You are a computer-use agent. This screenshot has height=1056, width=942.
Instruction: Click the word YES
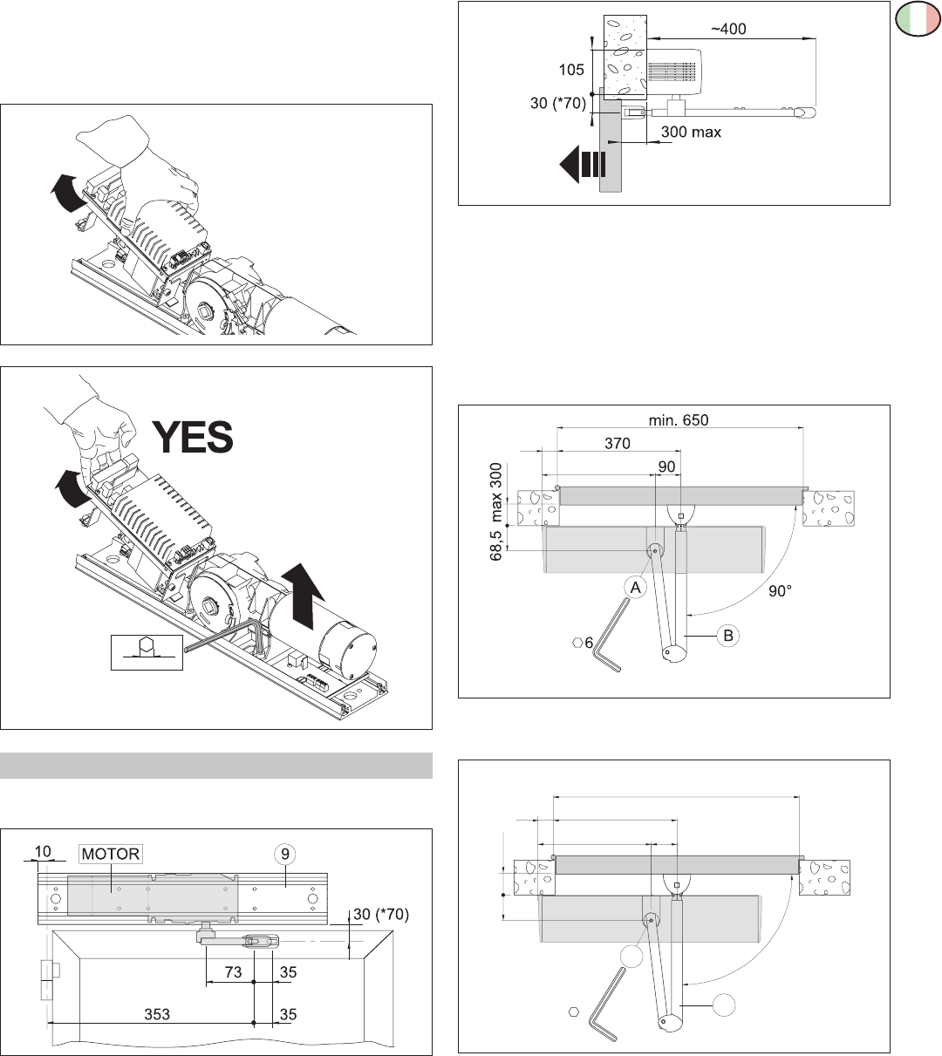[194, 437]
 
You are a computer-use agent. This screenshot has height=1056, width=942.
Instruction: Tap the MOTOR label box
[111, 854]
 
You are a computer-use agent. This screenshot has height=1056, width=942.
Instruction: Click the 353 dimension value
[158, 1014]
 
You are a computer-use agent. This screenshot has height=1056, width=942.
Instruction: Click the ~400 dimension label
[727, 29]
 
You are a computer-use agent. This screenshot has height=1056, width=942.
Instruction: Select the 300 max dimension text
[691, 133]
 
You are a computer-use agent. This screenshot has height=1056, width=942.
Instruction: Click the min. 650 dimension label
[679, 419]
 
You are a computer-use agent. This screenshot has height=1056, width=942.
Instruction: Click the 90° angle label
[782, 589]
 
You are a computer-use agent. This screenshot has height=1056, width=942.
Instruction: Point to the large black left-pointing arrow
[580, 165]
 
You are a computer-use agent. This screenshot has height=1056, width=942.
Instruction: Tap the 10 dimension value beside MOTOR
[43, 851]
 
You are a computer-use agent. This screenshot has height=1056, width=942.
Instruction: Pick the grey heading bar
[216, 765]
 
